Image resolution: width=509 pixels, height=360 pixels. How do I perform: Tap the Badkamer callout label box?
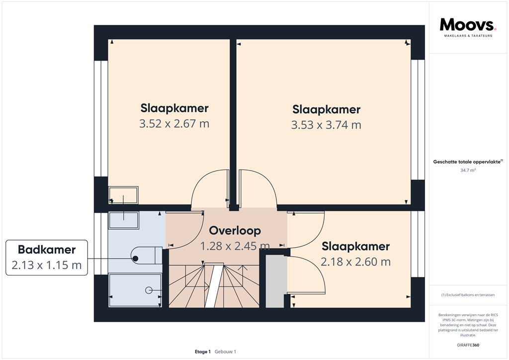47,258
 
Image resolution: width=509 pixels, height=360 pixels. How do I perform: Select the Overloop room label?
235,231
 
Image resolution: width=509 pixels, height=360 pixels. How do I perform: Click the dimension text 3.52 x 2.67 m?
174,124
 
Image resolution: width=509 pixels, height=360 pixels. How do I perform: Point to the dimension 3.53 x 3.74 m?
326,125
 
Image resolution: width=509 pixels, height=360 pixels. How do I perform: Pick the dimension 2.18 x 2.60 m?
356,262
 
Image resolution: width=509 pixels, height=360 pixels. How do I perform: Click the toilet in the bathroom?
147,256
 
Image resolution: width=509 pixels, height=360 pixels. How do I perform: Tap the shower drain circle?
149,290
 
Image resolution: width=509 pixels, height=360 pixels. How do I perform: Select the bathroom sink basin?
124,220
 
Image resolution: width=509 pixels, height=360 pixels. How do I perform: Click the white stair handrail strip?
214,285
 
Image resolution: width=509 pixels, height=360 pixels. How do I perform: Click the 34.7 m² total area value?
468,170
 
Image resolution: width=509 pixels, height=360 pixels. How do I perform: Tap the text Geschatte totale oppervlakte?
467,162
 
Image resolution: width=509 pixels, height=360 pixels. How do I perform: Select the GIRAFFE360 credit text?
468,345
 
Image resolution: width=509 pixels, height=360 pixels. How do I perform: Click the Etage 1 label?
203,352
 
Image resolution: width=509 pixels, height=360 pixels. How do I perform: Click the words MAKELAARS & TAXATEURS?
468,36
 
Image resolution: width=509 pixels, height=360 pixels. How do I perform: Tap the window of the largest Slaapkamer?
418,119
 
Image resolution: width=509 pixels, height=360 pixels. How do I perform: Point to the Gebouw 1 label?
225,352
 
